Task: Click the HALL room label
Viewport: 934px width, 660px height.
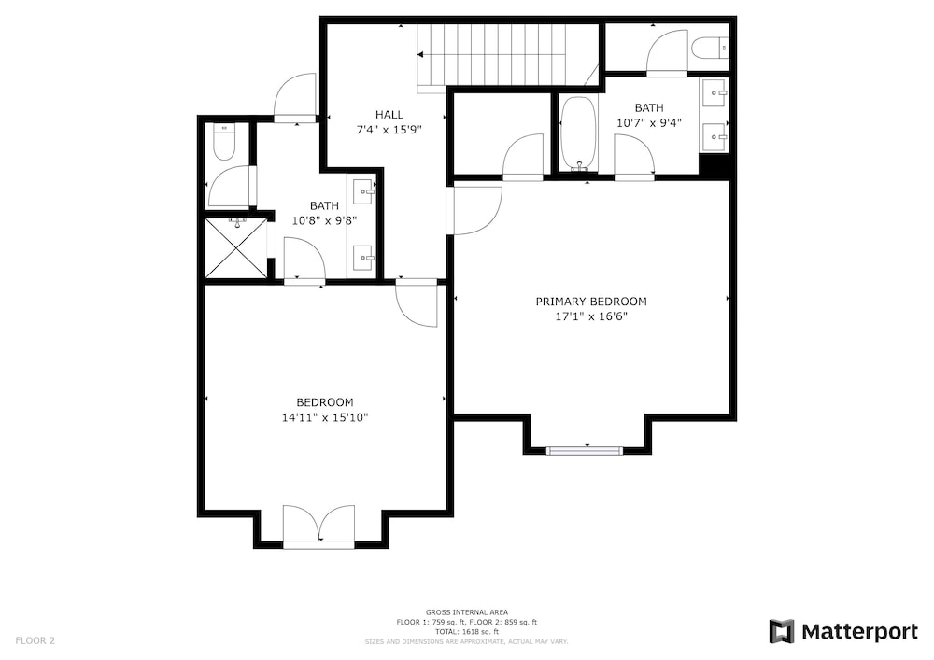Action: click(389, 114)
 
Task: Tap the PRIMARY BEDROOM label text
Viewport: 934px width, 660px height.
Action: click(591, 302)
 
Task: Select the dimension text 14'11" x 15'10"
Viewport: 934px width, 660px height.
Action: click(325, 418)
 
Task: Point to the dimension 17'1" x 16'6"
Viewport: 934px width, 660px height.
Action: click(591, 316)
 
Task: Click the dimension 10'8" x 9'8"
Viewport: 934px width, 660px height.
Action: click(324, 221)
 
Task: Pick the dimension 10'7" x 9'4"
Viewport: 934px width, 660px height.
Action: click(649, 123)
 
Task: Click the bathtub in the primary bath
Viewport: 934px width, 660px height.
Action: click(578, 133)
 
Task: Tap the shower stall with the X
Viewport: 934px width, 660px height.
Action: click(236, 247)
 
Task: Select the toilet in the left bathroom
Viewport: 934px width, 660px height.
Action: click(224, 142)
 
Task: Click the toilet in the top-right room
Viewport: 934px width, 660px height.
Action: click(711, 48)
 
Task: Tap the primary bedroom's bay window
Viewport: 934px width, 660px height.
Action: click(585, 451)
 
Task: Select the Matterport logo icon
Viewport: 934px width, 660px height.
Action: click(782, 631)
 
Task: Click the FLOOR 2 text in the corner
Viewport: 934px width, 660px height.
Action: click(35, 641)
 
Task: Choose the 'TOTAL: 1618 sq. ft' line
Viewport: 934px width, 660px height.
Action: click(466, 632)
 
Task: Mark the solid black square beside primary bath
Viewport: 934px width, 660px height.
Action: click(714, 166)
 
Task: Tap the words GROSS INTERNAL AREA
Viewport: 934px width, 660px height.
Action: click(466, 612)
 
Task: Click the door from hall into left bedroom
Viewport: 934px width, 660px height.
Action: click(417, 303)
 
